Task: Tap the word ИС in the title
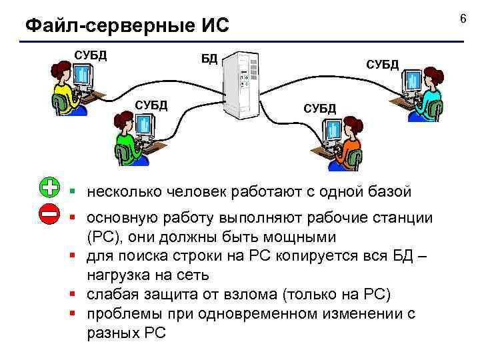pos(213,26)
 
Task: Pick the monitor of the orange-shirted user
pos(331,133)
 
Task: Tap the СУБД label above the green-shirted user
pos(151,105)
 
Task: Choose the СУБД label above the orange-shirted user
pos(320,108)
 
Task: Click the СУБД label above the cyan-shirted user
pos(382,64)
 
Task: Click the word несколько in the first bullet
pos(123,193)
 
